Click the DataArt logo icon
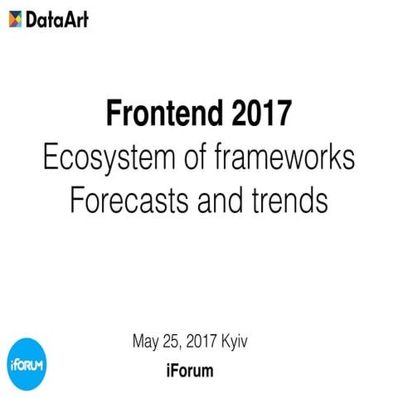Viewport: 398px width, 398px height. (15, 18)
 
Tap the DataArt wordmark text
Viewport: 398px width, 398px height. (56, 18)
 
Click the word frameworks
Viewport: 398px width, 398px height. (281, 157)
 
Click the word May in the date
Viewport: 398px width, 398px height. (147, 342)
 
